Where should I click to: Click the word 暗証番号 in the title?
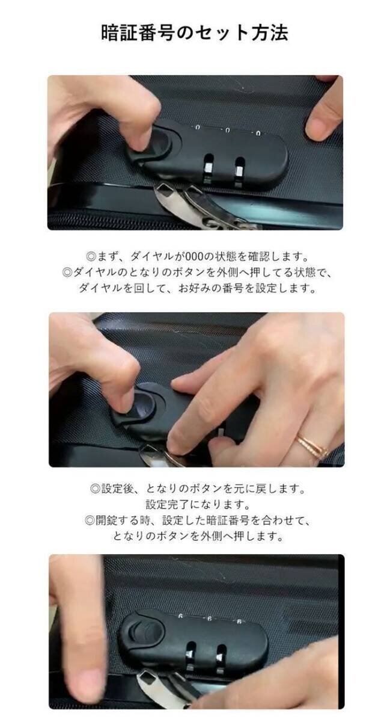click(138, 33)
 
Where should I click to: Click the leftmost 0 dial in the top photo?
click(198, 128)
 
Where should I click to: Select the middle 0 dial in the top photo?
click(227, 130)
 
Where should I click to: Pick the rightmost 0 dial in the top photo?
click(258, 132)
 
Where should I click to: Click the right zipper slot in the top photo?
click(239, 173)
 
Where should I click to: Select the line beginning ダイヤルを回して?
click(198, 288)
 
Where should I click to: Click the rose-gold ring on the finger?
click(312, 445)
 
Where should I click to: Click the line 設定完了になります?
click(198, 504)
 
